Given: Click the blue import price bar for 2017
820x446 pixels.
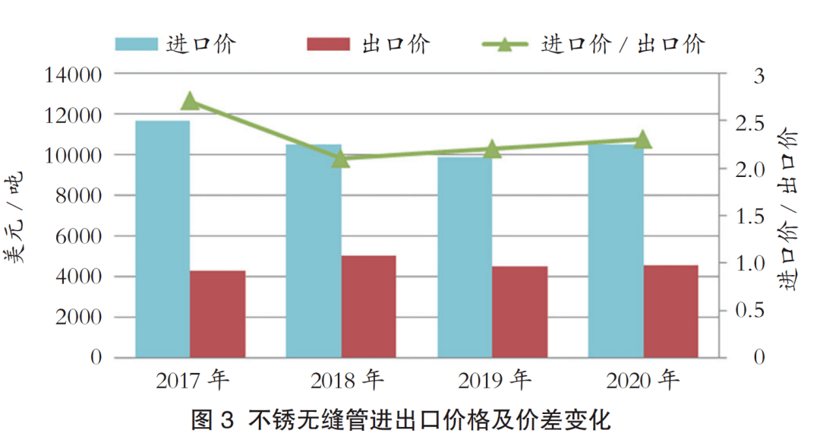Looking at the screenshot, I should [162, 239].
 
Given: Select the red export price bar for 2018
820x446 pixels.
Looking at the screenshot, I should [368, 306].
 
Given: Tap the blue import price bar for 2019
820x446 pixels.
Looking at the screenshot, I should [464, 257].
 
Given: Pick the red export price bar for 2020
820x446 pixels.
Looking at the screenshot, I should [670, 311].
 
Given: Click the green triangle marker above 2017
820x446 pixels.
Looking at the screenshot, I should [191, 102].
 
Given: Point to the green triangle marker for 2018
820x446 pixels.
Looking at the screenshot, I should [341, 159].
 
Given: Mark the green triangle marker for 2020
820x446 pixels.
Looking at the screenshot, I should [643, 140].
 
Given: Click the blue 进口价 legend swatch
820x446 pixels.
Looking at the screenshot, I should [137, 43].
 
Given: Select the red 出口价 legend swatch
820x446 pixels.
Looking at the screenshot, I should [328, 43].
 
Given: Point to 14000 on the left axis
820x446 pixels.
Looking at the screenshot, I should [74, 74].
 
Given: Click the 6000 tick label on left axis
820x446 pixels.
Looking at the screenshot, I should [79, 236].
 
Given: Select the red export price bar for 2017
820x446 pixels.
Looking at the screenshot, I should [218, 313].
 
